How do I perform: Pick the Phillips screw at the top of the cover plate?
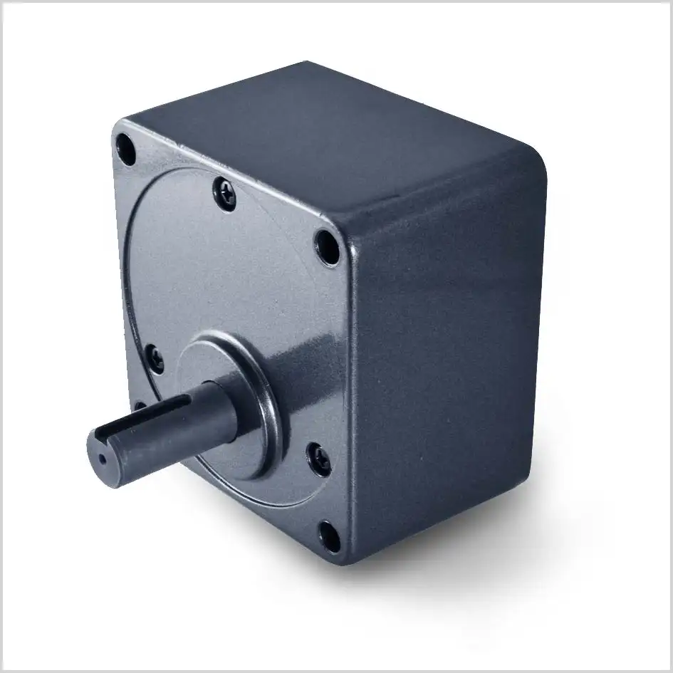225,193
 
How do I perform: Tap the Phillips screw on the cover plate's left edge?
154,357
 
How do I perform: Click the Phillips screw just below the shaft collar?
318,459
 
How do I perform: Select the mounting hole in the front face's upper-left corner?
125,149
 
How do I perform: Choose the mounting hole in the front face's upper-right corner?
327,247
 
